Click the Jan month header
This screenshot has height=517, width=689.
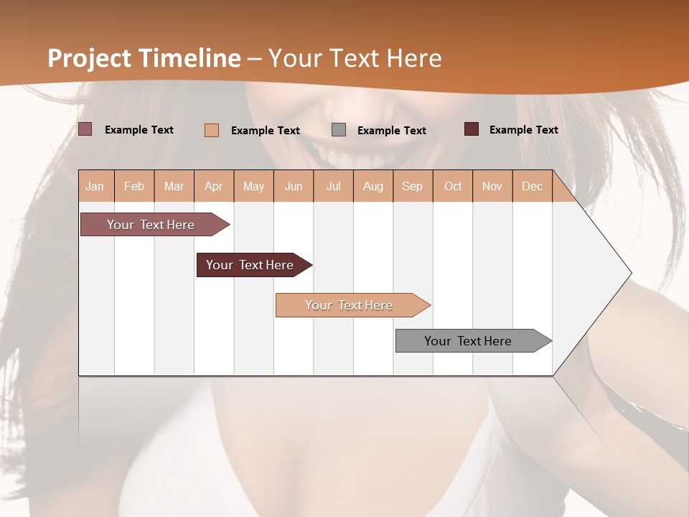95,186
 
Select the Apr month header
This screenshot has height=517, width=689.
213,186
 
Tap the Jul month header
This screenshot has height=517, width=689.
333,186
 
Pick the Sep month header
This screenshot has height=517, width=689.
412,186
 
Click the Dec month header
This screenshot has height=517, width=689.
532,186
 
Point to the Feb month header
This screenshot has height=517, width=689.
134,186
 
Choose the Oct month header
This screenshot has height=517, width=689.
453,186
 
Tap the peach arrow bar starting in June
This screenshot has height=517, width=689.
350,305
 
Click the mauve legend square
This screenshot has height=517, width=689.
85,129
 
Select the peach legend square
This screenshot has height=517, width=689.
211,130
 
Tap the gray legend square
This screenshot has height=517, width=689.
339,130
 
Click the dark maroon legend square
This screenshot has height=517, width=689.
471,129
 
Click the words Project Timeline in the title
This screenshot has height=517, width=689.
144,58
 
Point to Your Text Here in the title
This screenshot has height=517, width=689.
355,58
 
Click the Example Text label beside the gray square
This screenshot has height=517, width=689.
391,131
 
